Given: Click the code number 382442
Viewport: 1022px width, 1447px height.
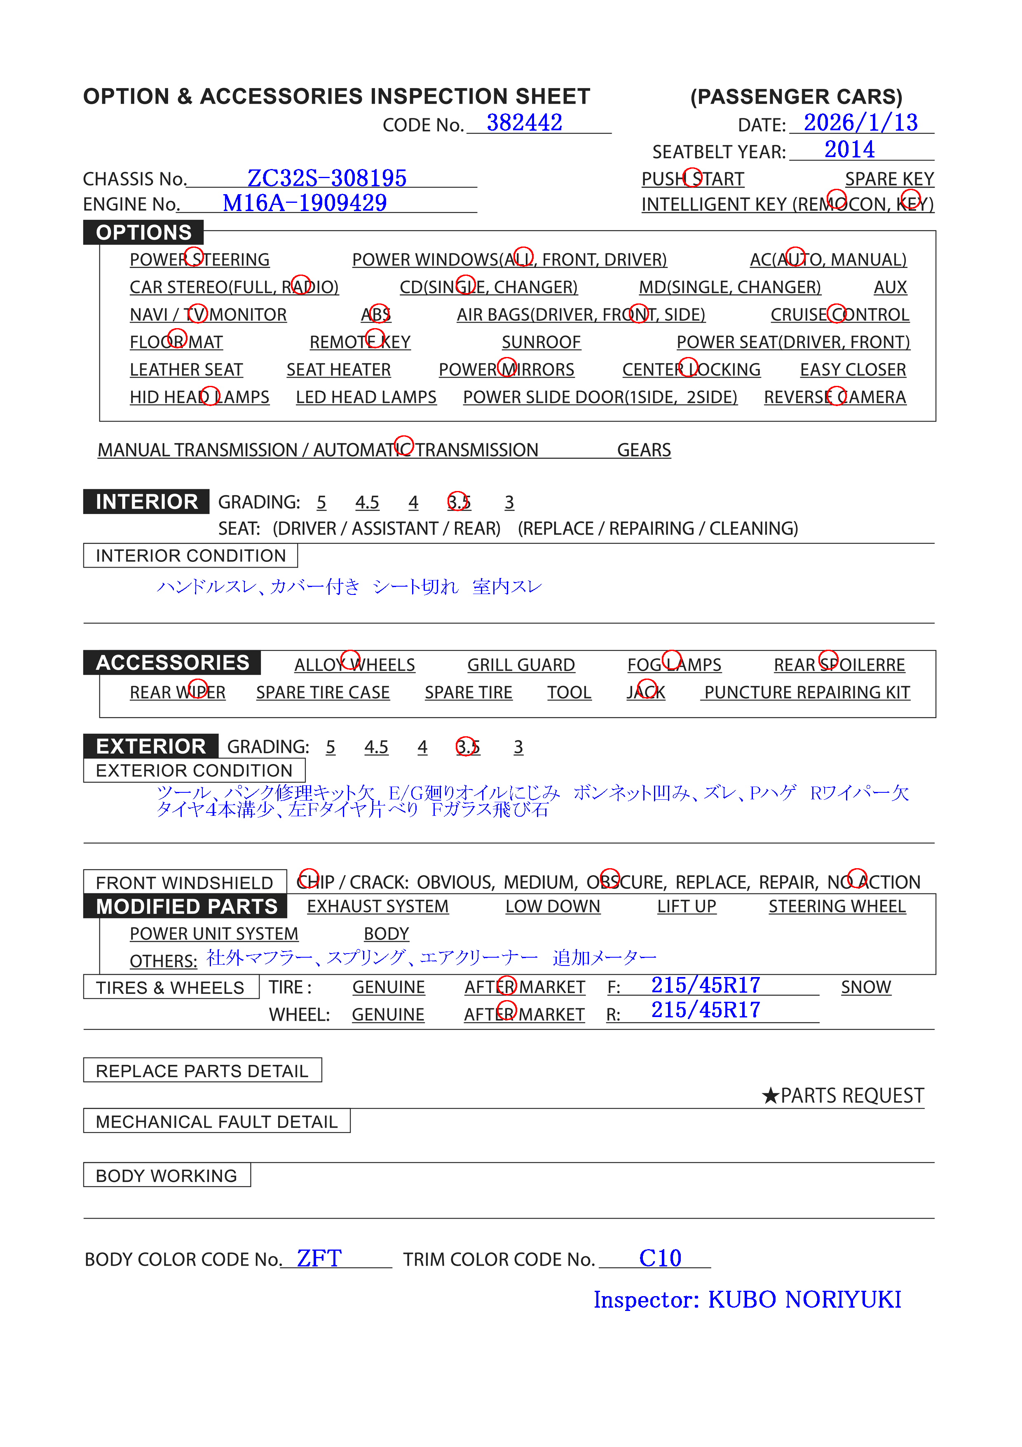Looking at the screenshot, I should click(524, 122).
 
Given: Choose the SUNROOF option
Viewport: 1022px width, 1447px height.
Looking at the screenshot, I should click(541, 342).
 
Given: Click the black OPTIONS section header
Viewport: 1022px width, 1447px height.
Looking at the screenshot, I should click(144, 233).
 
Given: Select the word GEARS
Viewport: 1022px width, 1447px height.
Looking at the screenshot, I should click(643, 450).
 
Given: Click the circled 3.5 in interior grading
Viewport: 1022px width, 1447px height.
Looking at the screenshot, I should click(458, 502).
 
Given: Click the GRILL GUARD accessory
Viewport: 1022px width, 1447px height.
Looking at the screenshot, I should click(520, 665).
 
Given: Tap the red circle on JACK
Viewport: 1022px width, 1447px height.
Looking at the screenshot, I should click(647, 689).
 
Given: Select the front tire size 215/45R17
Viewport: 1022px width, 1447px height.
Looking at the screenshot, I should click(705, 985).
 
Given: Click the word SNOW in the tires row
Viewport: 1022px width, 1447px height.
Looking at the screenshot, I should click(866, 987).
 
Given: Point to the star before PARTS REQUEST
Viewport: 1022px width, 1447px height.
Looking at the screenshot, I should click(770, 1096).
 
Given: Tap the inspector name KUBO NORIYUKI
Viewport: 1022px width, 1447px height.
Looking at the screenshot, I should click(804, 1299).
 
